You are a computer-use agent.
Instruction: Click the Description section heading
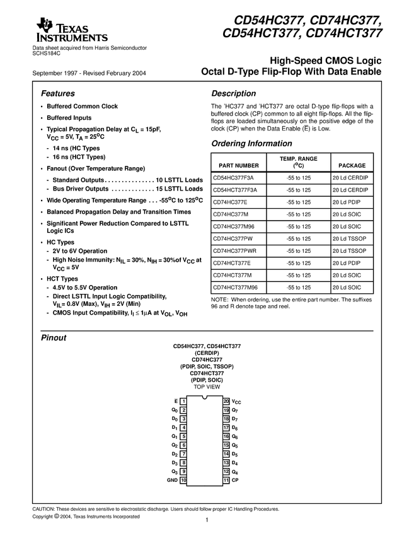pyautogui.click(x=234, y=93)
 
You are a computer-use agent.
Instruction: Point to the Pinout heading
pyautogui.click(x=54, y=338)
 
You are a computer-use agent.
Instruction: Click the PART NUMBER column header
pyautogui.click(x=234, y=165)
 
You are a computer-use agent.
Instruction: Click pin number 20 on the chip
pyautogui.click(x=226, y=401)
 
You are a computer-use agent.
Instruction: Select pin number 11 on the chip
pyautogui.click(x=226, y=481)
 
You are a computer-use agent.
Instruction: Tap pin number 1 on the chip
pyautogui.click(x=183, y=401)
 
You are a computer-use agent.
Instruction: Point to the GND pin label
pyautogui.click(x=172, y=481)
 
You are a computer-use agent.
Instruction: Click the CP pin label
pyautogui.click(x=235, y=481)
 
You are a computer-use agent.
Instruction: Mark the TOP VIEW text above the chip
pyautogui.click(x=207, y=387)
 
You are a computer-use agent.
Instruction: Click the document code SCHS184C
pyautogui.click(x=47, y=54)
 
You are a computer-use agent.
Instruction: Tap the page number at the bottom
pyautogui.click(x=206, y=521)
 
